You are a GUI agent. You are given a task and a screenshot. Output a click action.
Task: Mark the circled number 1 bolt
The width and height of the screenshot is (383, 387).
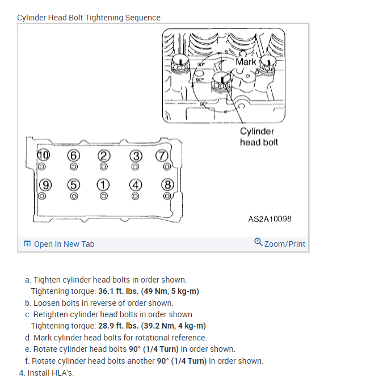103,184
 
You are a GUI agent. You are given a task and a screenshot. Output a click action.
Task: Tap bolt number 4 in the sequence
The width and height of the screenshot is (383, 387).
134,184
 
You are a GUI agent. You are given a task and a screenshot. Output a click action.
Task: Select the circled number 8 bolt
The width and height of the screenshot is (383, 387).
167,184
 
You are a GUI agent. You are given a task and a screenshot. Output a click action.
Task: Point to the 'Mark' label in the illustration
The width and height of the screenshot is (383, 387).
246,61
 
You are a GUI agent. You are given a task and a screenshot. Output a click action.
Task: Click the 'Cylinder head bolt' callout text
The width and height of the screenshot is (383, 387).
259,137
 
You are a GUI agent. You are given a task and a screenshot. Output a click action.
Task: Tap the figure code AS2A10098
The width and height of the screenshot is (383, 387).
270,218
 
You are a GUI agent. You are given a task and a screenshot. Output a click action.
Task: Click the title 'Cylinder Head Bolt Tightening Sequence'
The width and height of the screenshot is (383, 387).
89,18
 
